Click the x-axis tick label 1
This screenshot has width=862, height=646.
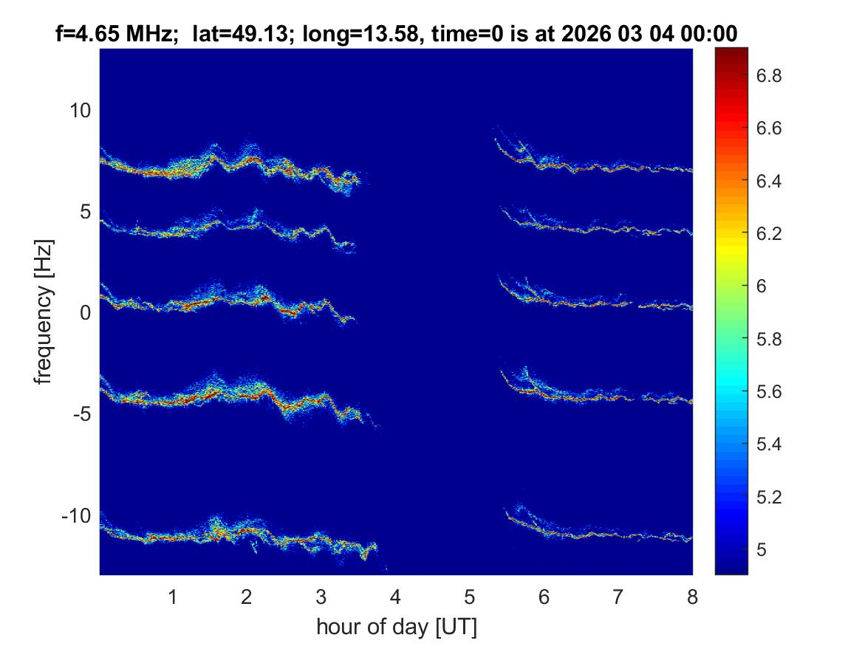[173, 597]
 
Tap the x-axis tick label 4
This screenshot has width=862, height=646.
[395, 597]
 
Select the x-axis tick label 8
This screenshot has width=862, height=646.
[692, 597]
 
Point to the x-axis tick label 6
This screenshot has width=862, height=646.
[544, 597]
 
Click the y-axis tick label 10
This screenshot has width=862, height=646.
[80, 111]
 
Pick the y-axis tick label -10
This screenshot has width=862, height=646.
[77, 515]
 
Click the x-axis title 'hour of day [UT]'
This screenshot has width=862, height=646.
[396, 628]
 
